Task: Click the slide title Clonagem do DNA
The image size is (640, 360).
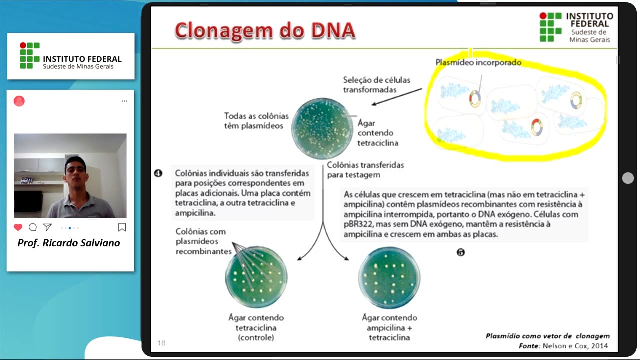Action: (265, 31)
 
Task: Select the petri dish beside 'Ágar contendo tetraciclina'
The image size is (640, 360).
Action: (322, 128)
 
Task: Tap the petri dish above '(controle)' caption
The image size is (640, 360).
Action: (256, 276)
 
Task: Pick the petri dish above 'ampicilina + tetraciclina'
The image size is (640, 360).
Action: (389, 278)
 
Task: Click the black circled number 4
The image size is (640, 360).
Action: (158, 174)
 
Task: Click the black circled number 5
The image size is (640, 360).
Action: (461, 252)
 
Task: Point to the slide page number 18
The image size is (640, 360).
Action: (161, 343)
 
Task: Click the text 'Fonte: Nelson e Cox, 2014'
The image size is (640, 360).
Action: (563, 346)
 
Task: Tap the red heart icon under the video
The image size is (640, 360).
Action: (18, 227)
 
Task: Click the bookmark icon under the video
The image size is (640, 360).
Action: (122, 227)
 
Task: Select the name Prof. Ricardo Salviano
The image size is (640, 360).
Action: (69, 243)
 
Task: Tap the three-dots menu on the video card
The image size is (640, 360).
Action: (124, 101)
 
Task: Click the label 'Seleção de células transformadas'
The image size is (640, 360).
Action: (369, 85)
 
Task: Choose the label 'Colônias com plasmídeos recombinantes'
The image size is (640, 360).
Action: (201, 241)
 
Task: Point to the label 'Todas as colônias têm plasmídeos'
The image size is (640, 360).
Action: (253, 121)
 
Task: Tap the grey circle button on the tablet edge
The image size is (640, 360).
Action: (628, 178)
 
